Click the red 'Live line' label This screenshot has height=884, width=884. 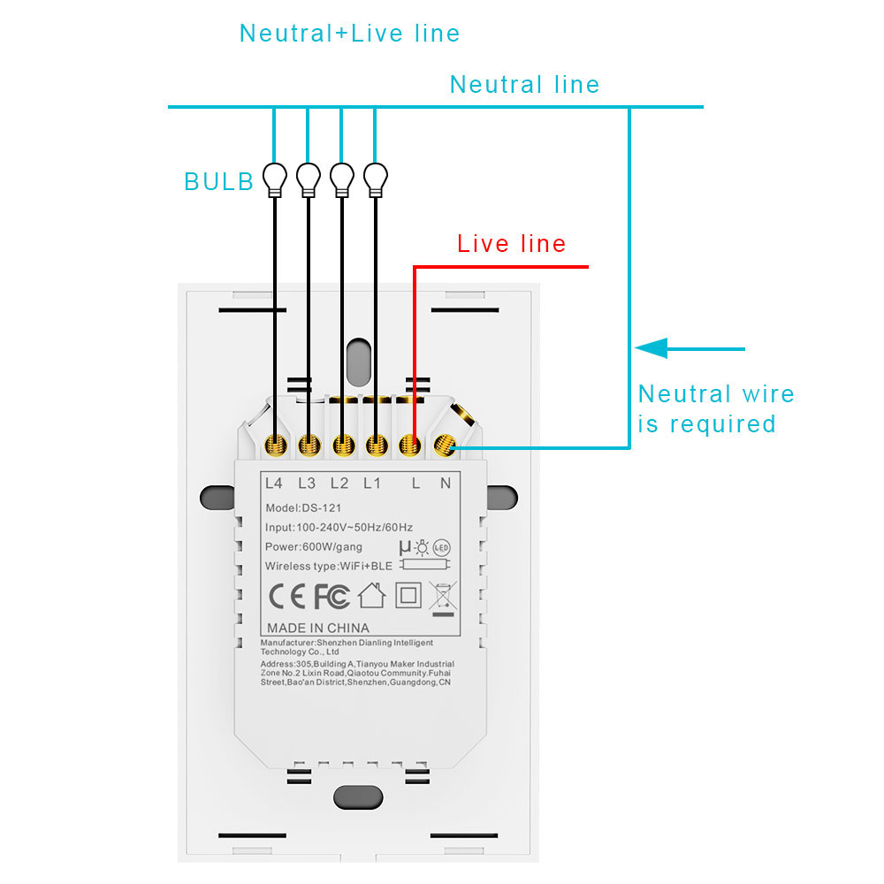pyautogui.click(x=511, y=244)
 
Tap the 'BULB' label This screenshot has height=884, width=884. pyautogui.click(x=218, y=181)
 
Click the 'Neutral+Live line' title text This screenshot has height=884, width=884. pyautogui.click(x=349, y=34)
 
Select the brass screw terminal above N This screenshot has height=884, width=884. pyautogui.click(x=445, y=446)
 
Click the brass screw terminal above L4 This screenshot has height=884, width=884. pyautogui.click(x=276, y=446)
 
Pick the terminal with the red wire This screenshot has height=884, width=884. pyautogui.click(x=410, y=446)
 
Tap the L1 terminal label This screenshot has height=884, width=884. pyautogui.click(x=372, y=484)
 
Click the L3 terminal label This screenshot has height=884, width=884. pyautogui.click(x=307, y=484)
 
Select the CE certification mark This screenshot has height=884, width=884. pyautogui.click(x=287, y=596)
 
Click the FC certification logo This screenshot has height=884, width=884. pyautogui.click(x=332, y=596)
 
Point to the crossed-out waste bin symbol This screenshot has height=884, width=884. pyautogui.click(x=443, y=598)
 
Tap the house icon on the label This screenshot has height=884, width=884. pyautogui.click(x=372, y=595)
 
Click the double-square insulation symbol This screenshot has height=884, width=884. pyautogui.click(x=408, y=595)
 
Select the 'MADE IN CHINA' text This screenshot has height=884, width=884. pyautogui.click(x=318, y=628)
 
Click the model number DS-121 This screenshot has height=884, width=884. pyautogui.click(x=322, y=508)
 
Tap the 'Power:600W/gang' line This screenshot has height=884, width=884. pyautogui.click(x=314, y=547)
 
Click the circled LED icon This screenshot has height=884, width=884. pyautogui.click(x=441, y=547)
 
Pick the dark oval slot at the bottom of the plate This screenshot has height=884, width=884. pyautogui.click(x=359, y=797)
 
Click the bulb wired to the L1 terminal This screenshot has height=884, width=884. pyautogui.click(x=376, y=179)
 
